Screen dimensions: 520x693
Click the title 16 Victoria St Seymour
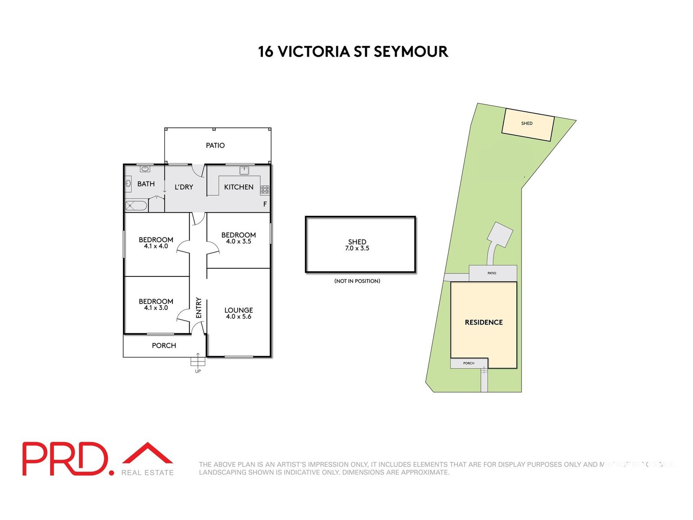tap(353, 52)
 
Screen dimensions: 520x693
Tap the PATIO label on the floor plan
tap(215, 146)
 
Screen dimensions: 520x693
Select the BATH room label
tap(146, 184)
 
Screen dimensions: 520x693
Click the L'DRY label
tap(184, 187)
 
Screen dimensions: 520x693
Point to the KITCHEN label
tap(239, 187)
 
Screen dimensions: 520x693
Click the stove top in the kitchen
tap(265, 189)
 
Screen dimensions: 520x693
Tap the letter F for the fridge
tap(265, 204)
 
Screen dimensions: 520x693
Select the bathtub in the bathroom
tap(136, 205)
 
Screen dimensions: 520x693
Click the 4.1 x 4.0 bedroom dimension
tap(156, 246)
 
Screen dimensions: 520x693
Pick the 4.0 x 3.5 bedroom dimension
tap(239, 241)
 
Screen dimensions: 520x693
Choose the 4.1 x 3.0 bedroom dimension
tap(156, 308)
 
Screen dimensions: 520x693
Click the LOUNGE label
tap(239, 310)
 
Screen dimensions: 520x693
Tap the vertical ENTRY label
tap(199, 308)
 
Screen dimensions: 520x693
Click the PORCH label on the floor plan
tap(164, 345)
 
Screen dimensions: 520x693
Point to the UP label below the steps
tap(198, 371)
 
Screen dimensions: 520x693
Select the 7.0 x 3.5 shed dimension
tap(357, 248)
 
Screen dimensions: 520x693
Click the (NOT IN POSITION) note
tap(357, 281)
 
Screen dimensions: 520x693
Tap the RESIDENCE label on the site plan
tap(484, 322)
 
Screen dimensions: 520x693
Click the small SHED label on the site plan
tap(527, 123)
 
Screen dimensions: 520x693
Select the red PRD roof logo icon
tap(148, 453)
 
